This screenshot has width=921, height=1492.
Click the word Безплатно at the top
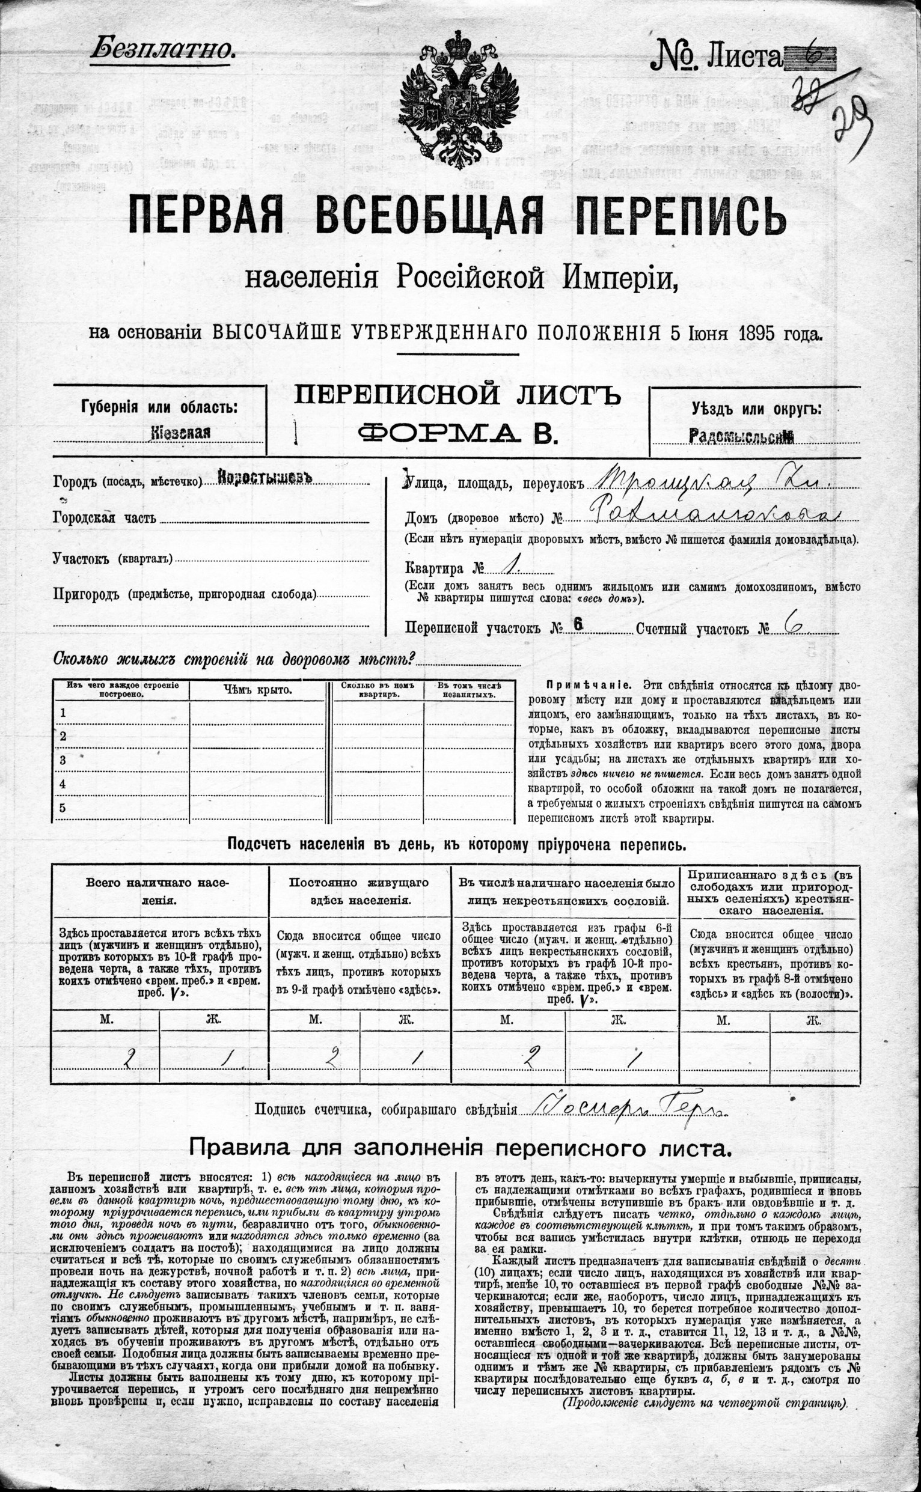163,49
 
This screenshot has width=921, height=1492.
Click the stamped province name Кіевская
180,433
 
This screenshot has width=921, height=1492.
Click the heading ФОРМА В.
457,433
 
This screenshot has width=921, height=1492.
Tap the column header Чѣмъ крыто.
258,690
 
